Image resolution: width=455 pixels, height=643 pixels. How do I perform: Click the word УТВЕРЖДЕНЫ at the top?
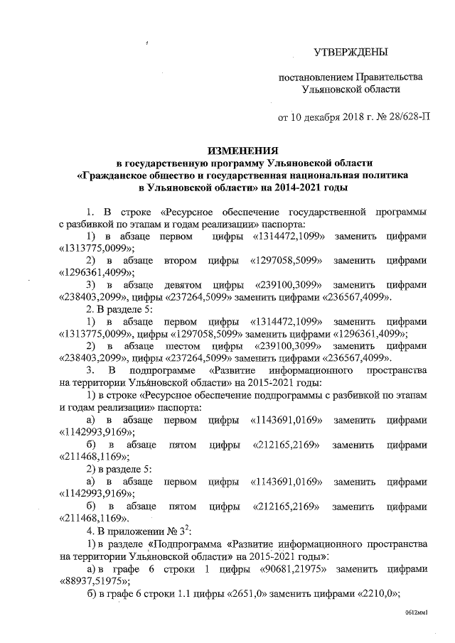pyautogui.click(x=352, y=53)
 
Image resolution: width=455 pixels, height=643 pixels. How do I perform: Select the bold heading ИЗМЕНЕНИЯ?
pyautogui.click(x=242, y=151)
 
